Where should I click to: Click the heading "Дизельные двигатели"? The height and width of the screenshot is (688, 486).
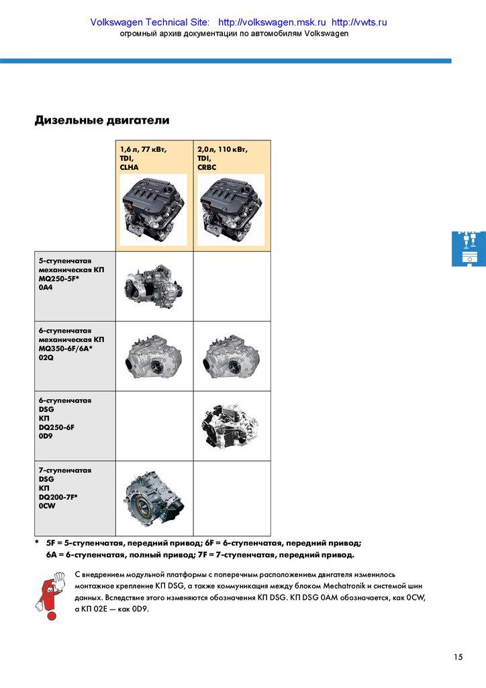pyautogui.click(x=102, y=121)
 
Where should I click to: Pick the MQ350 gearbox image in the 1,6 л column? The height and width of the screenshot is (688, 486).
pyautogui.click(x=154, y=357)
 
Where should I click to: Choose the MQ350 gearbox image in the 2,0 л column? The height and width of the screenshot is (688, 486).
pyautogui.click(x=231, y=357)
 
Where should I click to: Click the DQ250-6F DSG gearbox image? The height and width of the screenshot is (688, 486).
pyautogui.click(x=231, y=425)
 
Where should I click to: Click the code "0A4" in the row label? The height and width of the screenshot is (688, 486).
pyautogui.click(x=46, y=288)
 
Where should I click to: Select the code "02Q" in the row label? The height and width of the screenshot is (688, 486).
pyautogui.click(x=46, y=357)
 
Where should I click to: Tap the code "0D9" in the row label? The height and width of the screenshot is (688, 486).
pyautogui.click(x=46, y=437)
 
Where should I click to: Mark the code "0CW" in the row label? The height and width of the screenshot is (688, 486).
pyautogui.click(x=47, y=507)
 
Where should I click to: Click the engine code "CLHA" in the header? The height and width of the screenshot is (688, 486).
pyautogui.click(x=130, y=167)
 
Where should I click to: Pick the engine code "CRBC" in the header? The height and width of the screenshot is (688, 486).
pyautogui.click(x=207, y=167)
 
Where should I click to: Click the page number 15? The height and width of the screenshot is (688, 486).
pyautogui.click(x=458, y=657)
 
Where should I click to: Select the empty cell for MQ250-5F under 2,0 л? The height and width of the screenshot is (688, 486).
pyautogui.click(x=232, y=286)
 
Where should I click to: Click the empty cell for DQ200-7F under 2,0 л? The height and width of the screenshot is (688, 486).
pyautogui.click(x=232, y=498)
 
